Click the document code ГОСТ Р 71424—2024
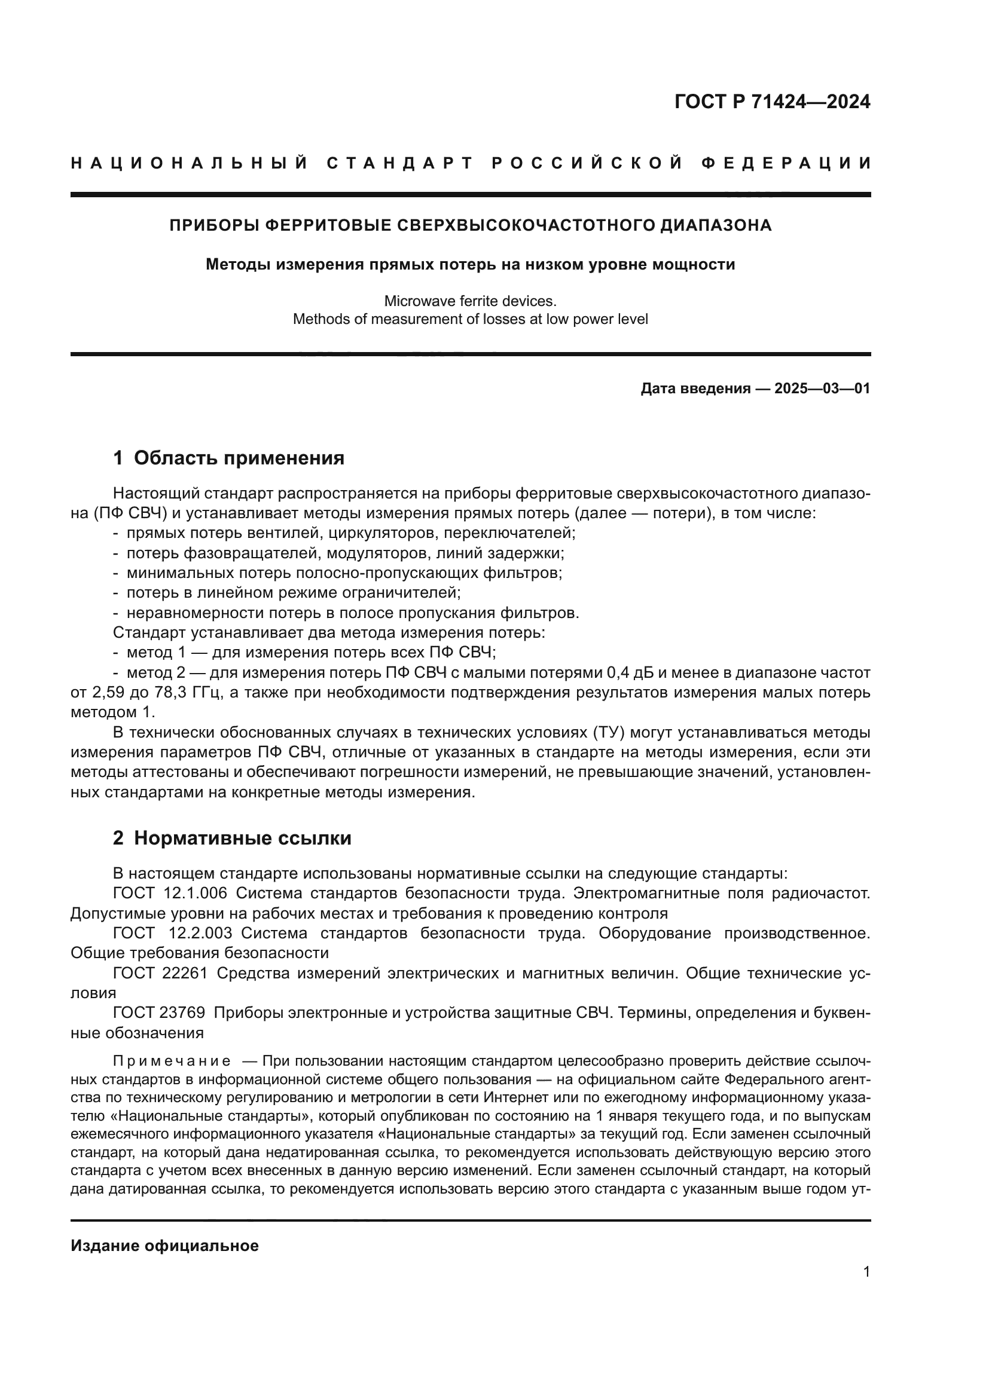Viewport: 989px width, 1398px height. (771, 102)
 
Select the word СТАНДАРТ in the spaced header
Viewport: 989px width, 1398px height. (400, 163)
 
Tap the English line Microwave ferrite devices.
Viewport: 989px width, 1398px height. (470, 301)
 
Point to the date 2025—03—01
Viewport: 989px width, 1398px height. (822, 388)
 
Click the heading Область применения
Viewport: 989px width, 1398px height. (239, 458)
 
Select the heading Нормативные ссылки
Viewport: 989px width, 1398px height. (242, 839)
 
